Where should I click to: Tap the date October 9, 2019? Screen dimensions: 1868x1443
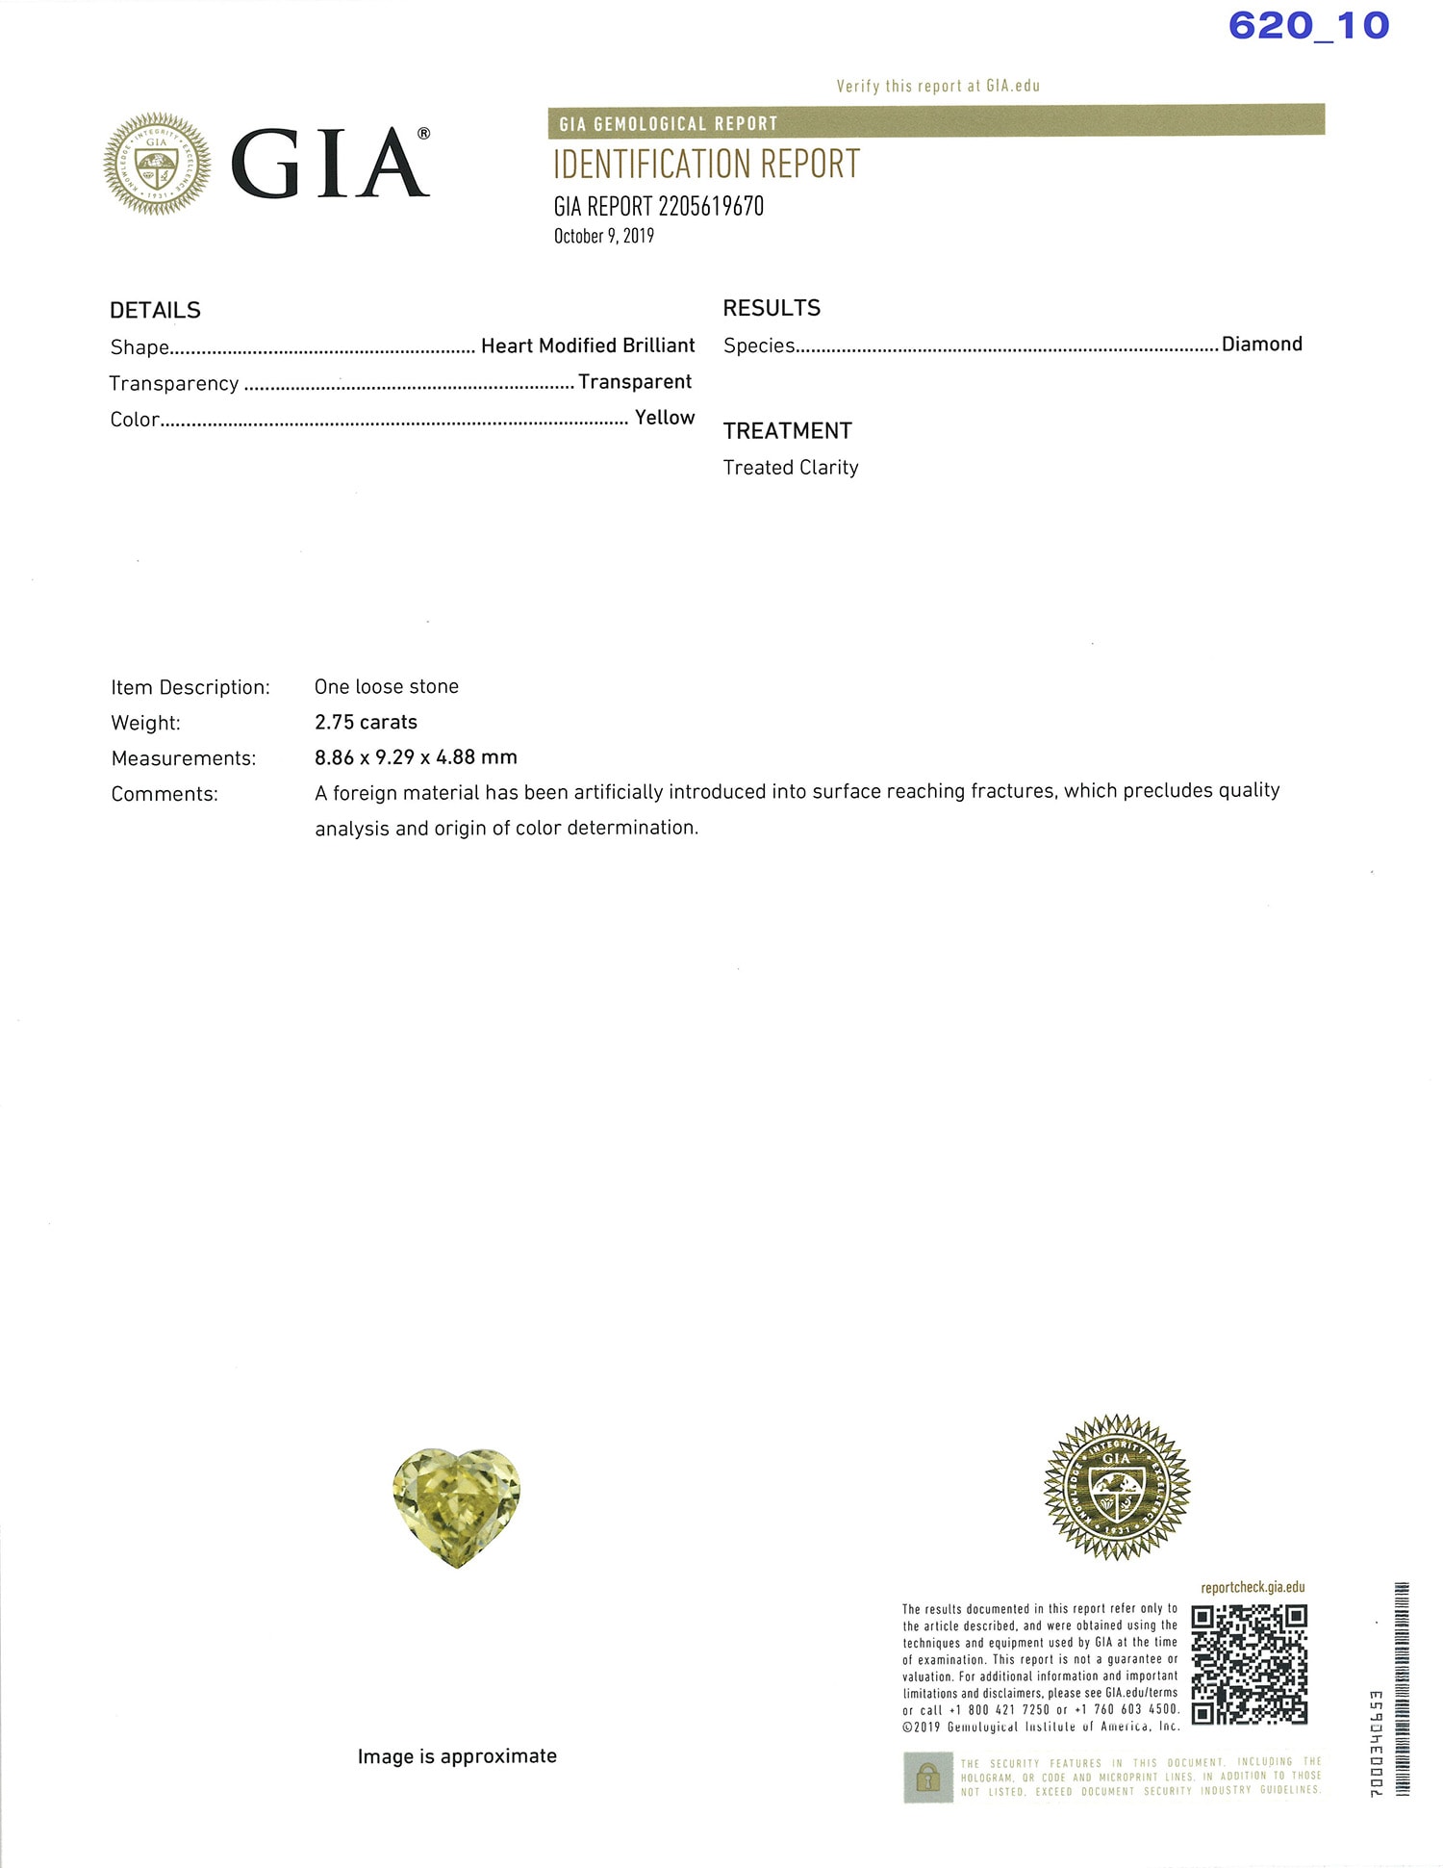pyautogui.click(x=603, y=237)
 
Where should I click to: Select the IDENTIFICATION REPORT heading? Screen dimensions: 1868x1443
pyautogui.click(x=706, y=165)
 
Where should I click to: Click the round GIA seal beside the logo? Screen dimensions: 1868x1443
pyautogui.click(x=157, y=164)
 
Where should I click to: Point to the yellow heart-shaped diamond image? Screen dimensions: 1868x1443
pyautogui.click(x=456, y=1506)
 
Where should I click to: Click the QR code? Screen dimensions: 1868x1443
pyautogui.click(x=1249, y=1664)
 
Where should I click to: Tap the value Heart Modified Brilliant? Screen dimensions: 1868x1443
pyautogui.click(x=587, y=345)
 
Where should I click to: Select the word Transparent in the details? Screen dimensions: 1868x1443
pyautogui.click(x=634, y=382)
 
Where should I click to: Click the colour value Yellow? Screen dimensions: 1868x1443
pyautogui.click(x=664, y=418)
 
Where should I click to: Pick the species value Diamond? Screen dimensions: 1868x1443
pyautogui.click(x=1261, y=345)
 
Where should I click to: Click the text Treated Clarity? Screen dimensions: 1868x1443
pyautogui.click(x=790, y=468)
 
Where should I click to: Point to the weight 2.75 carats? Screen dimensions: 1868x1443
pyautogui.click(x=366, y=722)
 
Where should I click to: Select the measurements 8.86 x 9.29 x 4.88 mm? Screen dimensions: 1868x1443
pyautogui.click(x=416, y=757)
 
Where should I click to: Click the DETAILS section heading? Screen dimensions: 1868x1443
pyautogui.click(x=155, y=310)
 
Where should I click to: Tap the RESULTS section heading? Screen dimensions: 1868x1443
pyautogui.click(x=772, y=308)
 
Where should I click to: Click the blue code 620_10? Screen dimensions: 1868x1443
pyautogui.click(x=1308, y=26)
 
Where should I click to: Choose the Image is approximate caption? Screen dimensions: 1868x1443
pyautogui.click(x=457, y=1756)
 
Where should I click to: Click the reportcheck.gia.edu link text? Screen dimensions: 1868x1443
pyautogui.click(x=1253, y=1587)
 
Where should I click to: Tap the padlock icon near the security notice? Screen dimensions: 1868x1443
pyautogui.click(x=927, y=1777)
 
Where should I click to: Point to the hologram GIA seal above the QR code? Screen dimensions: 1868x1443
pyautogui.click(x=1116, y=1486)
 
